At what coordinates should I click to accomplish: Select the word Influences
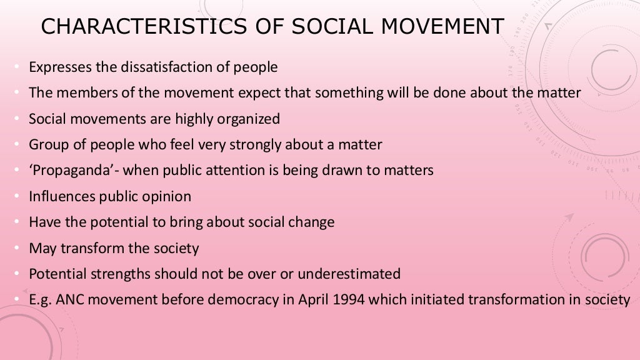tap(62, 196)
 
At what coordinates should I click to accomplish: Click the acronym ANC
tap(69, 300)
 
